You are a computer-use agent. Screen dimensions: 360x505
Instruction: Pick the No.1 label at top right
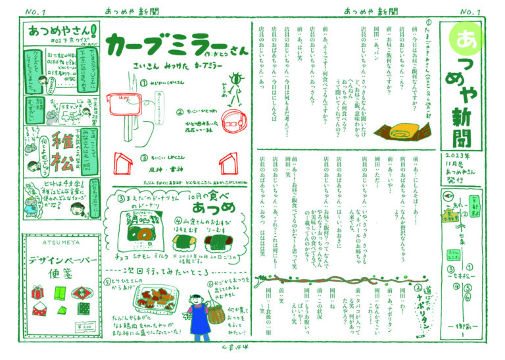[x=471, y=11]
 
